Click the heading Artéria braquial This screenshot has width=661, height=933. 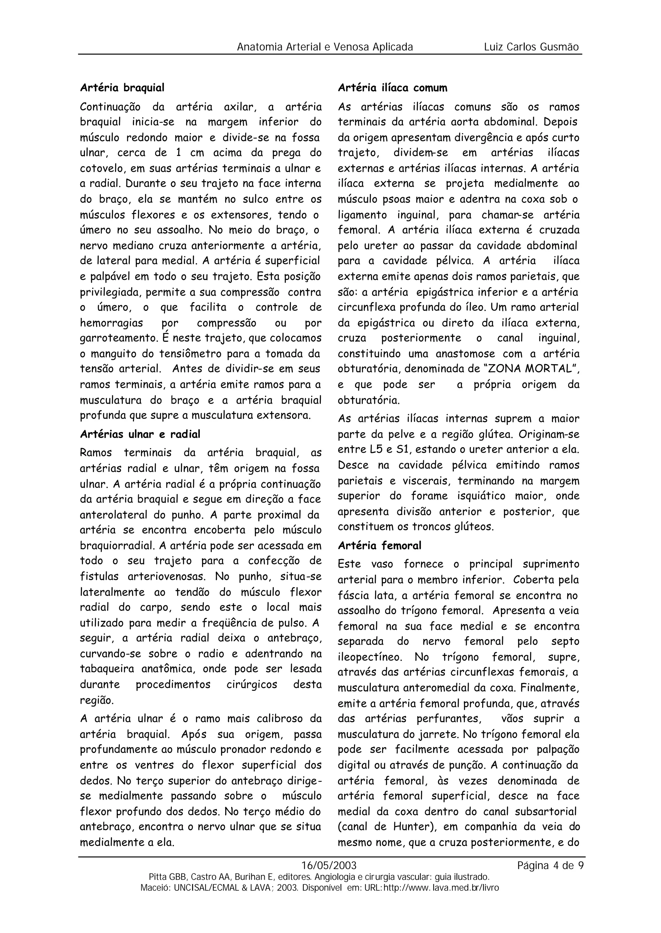pos(122,88)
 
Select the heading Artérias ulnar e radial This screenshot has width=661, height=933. pos(140,434)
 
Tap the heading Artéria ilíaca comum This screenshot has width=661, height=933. pos(392,88)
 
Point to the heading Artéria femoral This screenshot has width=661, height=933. pos(379,545)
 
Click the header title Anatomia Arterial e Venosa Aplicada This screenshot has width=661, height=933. pos(325,47)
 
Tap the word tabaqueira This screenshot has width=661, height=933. pos(106,669)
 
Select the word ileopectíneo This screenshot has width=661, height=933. pos(370,657)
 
